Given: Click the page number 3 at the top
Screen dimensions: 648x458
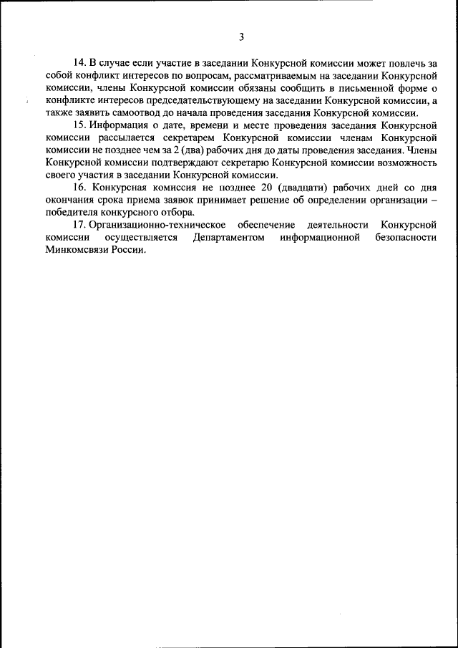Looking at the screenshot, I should click(241, 37).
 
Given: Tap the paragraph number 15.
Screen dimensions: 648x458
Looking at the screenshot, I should click(81, 126).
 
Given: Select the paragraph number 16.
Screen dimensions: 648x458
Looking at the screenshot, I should click(81, 188).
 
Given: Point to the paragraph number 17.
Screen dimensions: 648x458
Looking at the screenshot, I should click(81, 225).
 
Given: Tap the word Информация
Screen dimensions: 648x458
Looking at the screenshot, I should click(122, 126).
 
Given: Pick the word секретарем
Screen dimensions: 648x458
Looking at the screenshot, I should click(182, 139).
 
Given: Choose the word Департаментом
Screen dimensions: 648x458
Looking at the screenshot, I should click(228, 238).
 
